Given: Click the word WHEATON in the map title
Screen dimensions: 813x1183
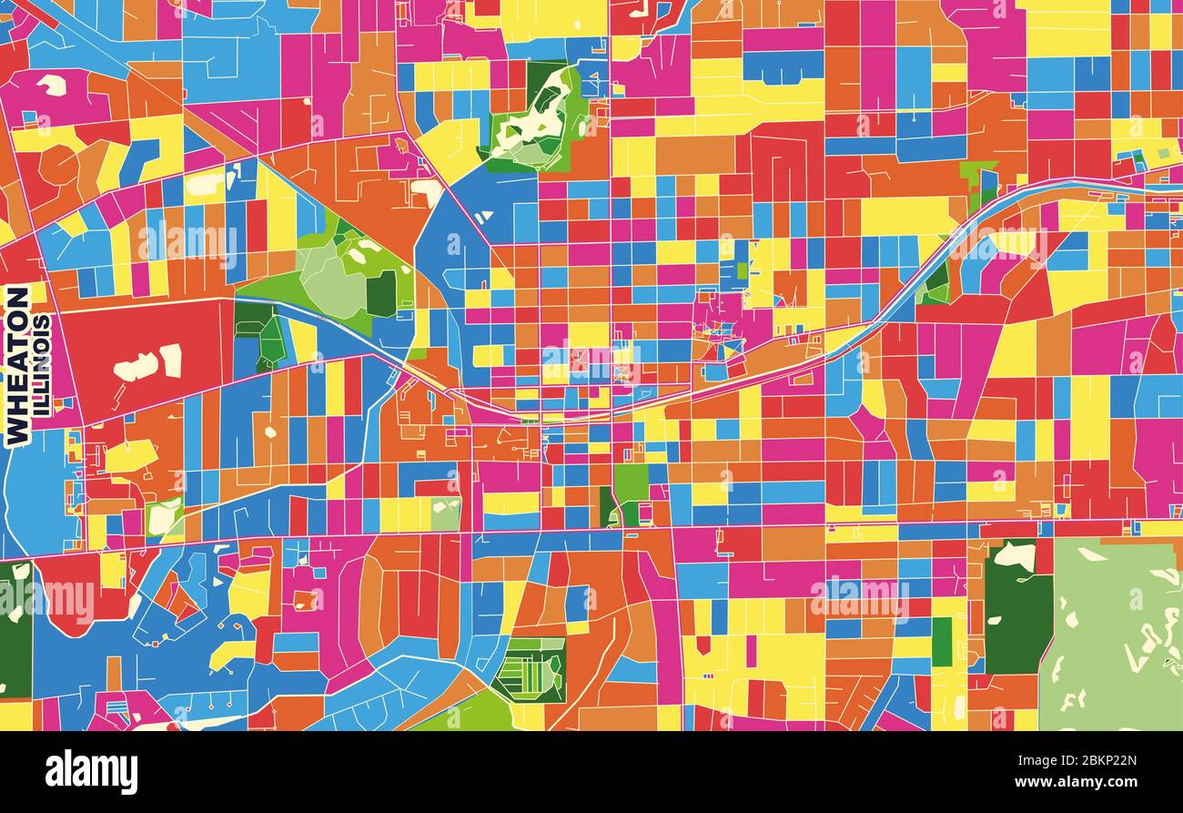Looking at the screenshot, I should [17, 366].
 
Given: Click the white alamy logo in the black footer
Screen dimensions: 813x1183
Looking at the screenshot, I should [91, 772].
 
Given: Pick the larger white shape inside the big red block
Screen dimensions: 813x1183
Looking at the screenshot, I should [136, 367].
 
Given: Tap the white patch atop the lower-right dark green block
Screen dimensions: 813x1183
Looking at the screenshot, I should [1014, 554].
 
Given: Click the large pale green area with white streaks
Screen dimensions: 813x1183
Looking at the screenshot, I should [1115, 637].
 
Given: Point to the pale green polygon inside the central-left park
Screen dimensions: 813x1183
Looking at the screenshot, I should [332, 282].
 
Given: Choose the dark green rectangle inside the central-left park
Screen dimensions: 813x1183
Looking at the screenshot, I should [381, 293].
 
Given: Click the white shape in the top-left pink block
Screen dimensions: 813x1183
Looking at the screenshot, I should [52, 85].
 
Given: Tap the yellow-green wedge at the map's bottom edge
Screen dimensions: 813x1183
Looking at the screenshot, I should [464, 715].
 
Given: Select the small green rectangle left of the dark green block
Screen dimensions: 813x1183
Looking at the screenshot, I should [941, 642].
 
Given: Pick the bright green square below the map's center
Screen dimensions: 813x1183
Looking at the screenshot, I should [631, 483].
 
